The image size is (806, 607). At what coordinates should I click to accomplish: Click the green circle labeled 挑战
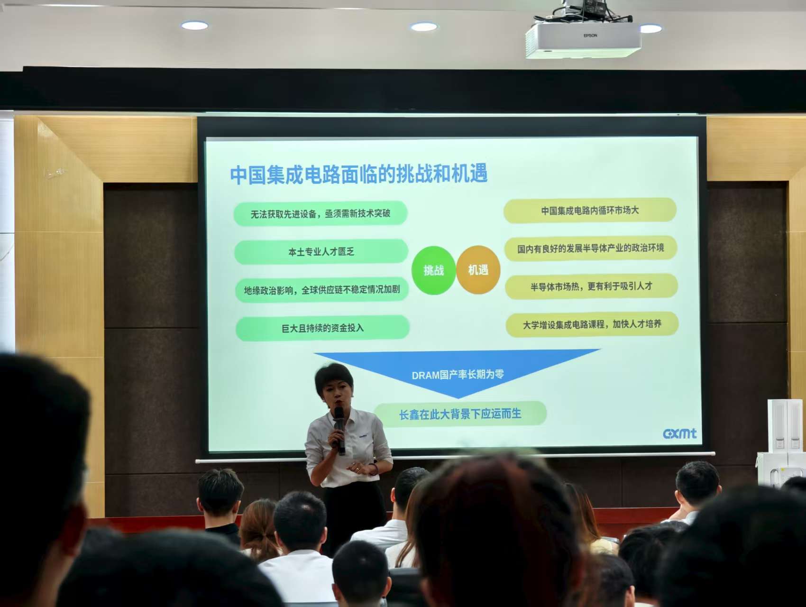click(434, 270)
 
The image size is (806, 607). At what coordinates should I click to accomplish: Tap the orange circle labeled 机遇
click(478, 270)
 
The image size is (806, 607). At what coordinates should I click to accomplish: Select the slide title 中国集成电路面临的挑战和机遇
click(359, 174)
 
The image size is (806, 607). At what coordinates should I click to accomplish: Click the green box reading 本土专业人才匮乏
click(321, 251)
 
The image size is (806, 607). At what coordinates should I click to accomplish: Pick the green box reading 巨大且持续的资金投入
click(322, 328)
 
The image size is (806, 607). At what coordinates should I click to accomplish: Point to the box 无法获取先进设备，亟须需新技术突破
click(321, 213)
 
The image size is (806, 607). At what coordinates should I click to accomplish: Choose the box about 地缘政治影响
click(322, 289)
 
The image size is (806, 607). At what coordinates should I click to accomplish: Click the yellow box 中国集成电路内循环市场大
click(590, 210)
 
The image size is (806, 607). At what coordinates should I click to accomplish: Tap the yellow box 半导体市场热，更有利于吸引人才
click(591, 286)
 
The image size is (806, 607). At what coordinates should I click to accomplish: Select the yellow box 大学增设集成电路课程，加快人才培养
click(592, 324)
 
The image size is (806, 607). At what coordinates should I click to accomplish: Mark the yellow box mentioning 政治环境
click(590, 248)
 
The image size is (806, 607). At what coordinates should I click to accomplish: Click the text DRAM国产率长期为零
click(458, 375)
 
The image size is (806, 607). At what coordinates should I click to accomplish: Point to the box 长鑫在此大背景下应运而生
click(460, 414)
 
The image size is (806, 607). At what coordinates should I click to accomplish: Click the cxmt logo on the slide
click(680, 433)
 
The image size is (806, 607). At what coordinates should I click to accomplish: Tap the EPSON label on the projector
click(590, 36)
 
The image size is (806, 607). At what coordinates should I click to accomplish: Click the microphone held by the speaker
click(339, 430)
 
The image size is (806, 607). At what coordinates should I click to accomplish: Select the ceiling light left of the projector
click(424, 27)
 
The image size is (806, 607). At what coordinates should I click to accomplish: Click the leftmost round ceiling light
click(194, 26)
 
